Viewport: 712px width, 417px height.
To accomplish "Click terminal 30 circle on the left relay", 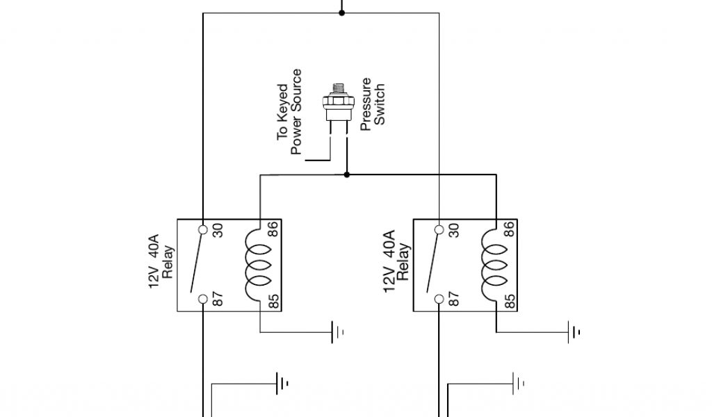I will (x=202, y=229).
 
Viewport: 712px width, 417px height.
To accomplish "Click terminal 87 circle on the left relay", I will (x=202, y=300).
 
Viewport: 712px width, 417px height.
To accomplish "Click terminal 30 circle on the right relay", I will (x=439, y=229).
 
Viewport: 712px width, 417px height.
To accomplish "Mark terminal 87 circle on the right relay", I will (x=439, y=300).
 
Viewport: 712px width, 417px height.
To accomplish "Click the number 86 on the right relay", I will (x=510, y=229).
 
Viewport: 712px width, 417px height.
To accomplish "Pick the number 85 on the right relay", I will (x=510, y=301).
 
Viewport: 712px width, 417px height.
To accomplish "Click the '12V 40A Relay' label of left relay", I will (x=160, y=263).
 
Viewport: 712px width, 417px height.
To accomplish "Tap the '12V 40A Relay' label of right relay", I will (x=396, y=263).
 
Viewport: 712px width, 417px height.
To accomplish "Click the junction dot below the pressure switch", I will (x=346, y=174).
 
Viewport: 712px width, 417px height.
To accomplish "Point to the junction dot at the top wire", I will (x=341, y=13).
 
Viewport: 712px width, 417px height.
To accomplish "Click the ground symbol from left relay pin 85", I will (x=337, y=332).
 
